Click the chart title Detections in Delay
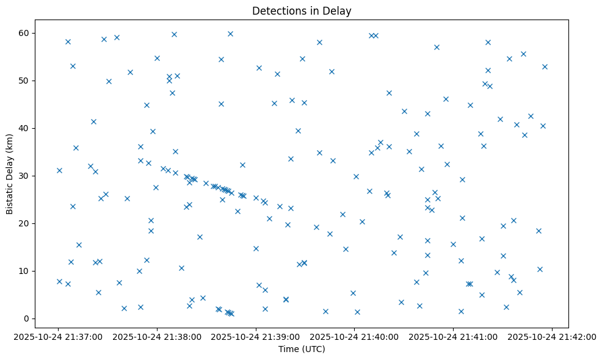tap(302, 11)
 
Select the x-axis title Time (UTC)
tap(302, 349)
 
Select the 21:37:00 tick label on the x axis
tap(59, 336)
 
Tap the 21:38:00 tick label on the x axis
tap(158, 336)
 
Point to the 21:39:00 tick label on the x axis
tap(256, 336)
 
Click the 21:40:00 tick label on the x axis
tap(355, 336)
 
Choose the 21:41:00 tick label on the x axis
tap(454, 336)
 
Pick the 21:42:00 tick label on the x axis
tap(553, 336)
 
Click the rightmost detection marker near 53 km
tap(545, 67)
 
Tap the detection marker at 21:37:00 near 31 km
tap(59, 170)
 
